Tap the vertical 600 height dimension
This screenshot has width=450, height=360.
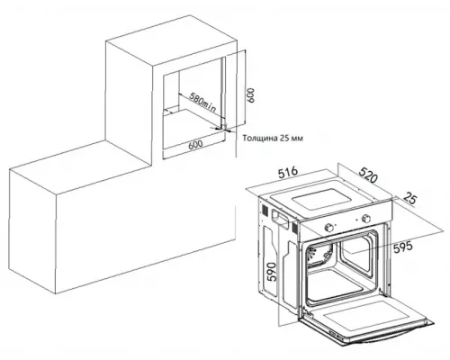click(x=250, y=95)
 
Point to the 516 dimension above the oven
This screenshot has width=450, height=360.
click(x=288, y=173)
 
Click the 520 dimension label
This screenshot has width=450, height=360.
click(x=368, y=175)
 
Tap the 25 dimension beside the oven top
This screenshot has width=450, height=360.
click(x=410, y=199)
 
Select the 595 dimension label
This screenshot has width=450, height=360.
click(x=402, y=247)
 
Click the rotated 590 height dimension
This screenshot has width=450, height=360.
click(x=271, y=272)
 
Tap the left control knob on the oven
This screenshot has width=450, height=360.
click(x=329, y=228)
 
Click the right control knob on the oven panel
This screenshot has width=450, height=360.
click(x=366, y=218)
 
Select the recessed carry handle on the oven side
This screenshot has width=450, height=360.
click(x=279, y=217)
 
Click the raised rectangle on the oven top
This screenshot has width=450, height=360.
click(x=321, y=199)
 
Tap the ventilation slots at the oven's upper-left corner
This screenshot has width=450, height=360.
click(x=265, y=210)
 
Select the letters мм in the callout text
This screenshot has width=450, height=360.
click(x=297, y=139)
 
